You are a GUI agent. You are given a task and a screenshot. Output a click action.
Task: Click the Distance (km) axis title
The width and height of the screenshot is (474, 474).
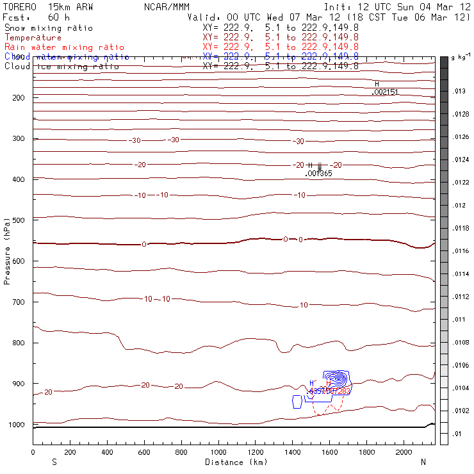coord(233,462)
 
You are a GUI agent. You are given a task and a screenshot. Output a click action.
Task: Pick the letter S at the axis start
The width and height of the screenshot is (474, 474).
coord(54,461)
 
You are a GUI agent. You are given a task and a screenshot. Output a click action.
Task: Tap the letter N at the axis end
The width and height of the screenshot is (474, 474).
coord(423,461)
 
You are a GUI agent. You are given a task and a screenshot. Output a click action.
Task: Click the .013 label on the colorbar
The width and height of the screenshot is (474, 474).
coord(459,92)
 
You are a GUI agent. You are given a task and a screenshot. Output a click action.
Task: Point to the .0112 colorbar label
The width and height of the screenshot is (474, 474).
coord(461,297)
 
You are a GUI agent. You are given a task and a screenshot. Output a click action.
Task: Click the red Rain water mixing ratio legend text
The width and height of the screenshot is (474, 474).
coord(64,47)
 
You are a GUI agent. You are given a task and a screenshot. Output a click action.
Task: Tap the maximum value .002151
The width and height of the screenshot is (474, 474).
coord(385,92)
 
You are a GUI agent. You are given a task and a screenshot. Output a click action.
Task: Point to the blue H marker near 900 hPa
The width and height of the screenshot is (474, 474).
coord(312,383)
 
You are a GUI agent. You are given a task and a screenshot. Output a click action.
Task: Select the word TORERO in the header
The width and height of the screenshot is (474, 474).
coord(20,6)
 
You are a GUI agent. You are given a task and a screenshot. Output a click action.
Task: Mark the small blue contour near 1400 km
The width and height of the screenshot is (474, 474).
coord(297,402)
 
